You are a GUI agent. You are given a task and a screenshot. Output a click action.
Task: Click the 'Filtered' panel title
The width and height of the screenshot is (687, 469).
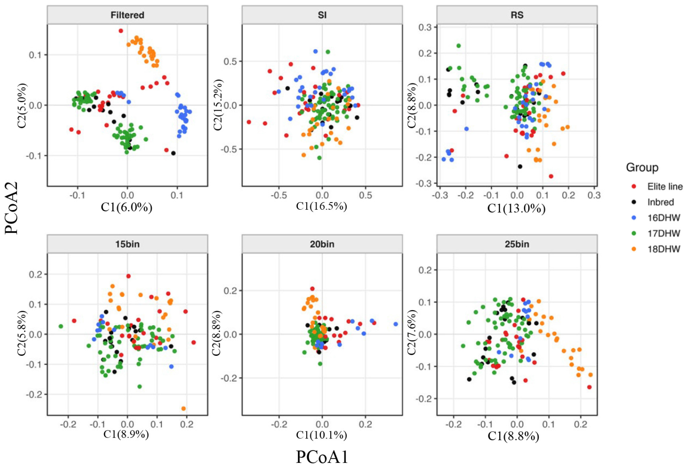point(127,15)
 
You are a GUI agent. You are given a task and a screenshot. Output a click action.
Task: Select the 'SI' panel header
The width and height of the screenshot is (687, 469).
point(322,15)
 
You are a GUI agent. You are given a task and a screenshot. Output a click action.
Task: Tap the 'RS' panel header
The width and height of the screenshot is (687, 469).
point(517,15)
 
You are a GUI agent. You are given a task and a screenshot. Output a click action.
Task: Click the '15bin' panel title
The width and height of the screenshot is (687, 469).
point(127,244)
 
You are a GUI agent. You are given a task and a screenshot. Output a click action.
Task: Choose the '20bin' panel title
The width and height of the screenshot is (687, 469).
point(322,244)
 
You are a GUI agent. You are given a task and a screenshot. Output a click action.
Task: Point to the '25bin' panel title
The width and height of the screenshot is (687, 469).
point(517,244)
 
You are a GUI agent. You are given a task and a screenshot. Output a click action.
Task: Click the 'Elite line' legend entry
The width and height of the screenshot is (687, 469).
point(664,187)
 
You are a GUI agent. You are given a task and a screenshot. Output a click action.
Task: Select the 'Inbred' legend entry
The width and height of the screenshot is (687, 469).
point(660,202)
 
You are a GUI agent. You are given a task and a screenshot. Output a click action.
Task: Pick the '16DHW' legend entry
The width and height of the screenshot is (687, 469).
point(663,218)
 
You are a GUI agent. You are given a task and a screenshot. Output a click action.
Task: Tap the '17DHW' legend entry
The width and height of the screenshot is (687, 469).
point(663,234)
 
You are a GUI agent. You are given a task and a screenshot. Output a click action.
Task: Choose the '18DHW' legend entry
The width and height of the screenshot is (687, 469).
point(663,249)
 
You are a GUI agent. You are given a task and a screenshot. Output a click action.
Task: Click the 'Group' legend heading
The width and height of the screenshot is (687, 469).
point(642,167)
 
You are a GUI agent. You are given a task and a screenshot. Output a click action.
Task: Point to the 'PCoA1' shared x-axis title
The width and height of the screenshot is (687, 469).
point(322,457)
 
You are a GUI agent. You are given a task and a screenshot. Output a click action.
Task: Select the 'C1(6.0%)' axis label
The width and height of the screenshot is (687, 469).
point(126,207)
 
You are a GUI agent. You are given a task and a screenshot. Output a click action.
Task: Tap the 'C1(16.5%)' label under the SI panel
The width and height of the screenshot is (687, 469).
point(321,206)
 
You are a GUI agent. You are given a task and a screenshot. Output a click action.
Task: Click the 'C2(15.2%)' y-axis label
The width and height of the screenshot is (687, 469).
point(218,105)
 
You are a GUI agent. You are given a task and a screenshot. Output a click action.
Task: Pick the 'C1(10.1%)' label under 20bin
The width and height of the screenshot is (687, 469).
point(321,435)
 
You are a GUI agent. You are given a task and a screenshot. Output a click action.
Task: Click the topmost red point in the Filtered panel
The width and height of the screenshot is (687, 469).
point(121,31)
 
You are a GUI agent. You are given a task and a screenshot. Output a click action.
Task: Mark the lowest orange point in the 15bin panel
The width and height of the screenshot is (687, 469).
point(184,408)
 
